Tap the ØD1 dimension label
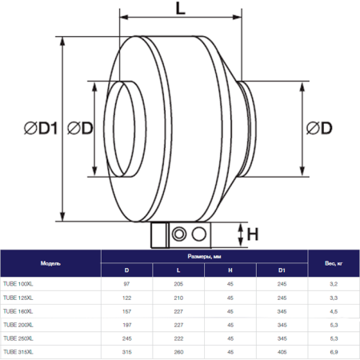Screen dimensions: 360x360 pyautogui.click(x=32, y=129)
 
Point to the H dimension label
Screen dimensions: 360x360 pyautogui.click(x=253, y=234)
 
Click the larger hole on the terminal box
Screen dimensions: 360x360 pyautogui.click(x=179, y=234)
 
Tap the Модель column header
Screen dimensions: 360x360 pyautogui.click(x=50, y=262)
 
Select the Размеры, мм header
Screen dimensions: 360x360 pyautogui.click(x=204, y=257)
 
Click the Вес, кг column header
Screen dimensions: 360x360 pyautogui.click(x=334, y=262)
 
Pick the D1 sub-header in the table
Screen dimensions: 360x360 pyautogui.click(x=282, y=270)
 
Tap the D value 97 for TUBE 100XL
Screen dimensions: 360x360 pyautogui.click(x=126, y=283)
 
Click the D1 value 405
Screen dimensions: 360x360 pyautogui.click(x=282, y=350)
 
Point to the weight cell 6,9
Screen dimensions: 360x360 pyautogui.click(x=334, y=350)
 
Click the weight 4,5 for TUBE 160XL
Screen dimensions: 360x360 pyautogui.click(x=334, y=310)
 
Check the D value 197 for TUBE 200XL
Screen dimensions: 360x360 pyautogui.click(x=126, y=324)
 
